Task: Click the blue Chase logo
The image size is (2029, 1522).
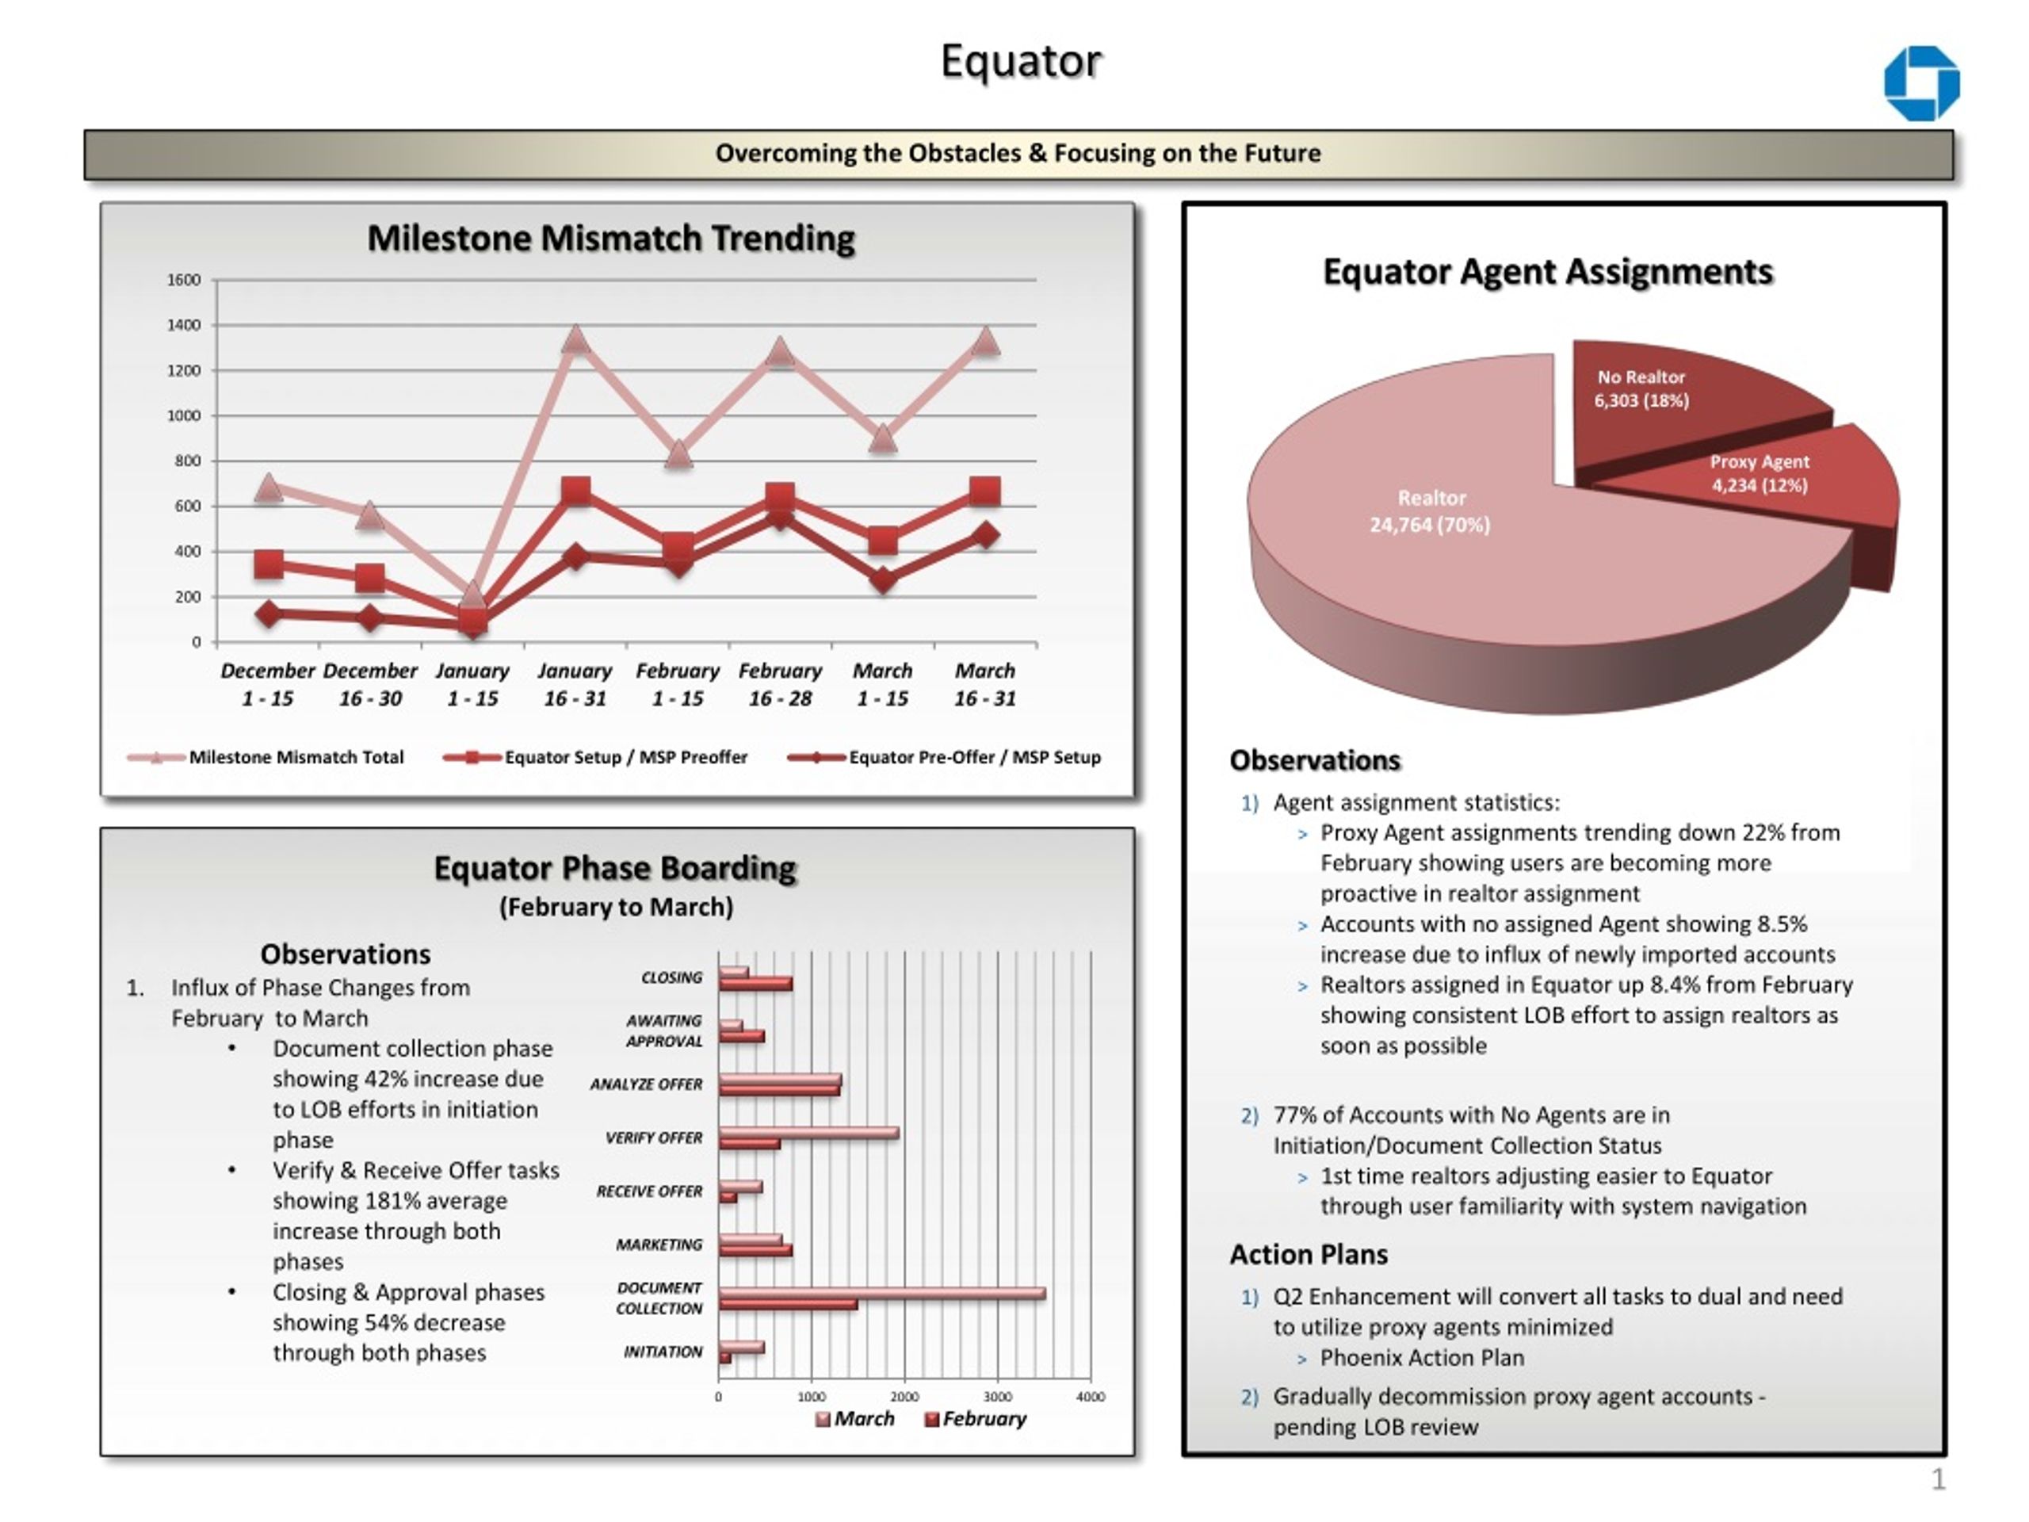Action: [x=1922, y=83]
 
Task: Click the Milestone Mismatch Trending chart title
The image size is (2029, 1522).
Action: [x=611, y=239]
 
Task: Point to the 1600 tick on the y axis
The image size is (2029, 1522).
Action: [x=183, y=280]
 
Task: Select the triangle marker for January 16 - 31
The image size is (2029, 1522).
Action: [x=575, y=338]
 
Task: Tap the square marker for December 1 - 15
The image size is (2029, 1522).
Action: [x=269, y=564]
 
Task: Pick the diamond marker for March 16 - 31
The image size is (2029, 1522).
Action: [x=985, y=535]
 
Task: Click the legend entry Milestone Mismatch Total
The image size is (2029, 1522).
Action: [x=266, y=757]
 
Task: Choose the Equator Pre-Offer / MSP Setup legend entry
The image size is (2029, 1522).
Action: [x=945, y=757]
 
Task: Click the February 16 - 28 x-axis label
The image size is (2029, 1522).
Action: [x=781, y=684]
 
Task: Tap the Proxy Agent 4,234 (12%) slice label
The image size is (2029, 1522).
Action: [x=1760, y=473]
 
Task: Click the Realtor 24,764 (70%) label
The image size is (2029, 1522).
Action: [x=1430, y=511]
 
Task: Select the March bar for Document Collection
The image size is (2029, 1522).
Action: [x=882, y=1294]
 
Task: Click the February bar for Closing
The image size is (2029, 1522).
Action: [x=756, y=985]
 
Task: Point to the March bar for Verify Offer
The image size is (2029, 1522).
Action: [x=809, y=1133]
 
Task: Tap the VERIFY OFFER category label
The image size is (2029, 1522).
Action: [x=654, y=1138]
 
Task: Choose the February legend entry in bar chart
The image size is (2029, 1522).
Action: [x=975, y=1419]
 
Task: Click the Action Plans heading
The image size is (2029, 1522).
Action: [x=1309, y=1254]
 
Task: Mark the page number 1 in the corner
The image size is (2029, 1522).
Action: [x=1938, y=1480]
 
